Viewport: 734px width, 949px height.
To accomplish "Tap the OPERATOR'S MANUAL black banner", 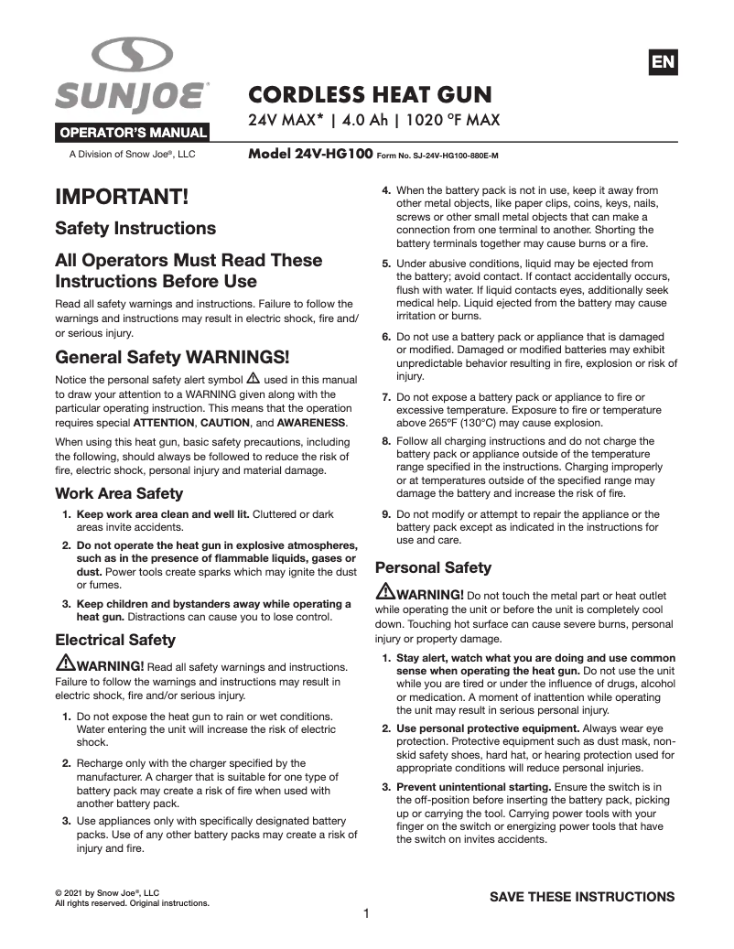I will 134,132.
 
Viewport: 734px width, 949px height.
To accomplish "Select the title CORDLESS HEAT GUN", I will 371,94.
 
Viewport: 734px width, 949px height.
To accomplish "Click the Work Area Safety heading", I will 119,493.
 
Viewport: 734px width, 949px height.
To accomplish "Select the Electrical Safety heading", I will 115,639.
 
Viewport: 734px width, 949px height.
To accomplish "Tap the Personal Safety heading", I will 434,567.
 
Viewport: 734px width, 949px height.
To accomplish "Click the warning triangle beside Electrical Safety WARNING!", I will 65,663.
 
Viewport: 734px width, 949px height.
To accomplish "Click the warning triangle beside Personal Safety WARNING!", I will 385,593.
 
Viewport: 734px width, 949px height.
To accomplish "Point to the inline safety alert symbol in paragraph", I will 254,378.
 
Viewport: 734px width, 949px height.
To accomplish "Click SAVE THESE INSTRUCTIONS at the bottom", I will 582,896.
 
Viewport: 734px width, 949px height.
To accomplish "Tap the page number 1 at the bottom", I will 366,913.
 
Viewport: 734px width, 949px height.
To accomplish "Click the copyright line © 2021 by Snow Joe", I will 107,892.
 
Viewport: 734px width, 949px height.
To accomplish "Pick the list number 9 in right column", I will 387,514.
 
